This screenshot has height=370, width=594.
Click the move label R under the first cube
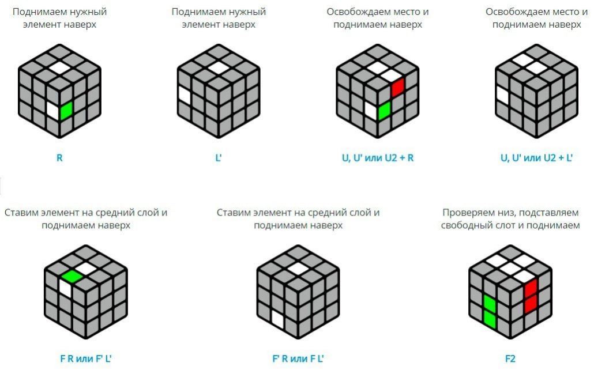click(59, 158)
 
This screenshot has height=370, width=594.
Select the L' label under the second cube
click(218, 158)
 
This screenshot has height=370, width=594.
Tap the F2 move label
click(510, 358)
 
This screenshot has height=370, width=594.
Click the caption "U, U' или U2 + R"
click(378, 158)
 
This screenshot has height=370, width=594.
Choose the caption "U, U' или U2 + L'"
click(536, 158)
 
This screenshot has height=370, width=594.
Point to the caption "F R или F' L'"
click(86, 358)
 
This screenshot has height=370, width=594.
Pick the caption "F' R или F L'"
click(298, 358)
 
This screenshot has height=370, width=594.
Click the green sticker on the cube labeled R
click(66, 110)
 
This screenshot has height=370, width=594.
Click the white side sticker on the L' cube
click(185, 95)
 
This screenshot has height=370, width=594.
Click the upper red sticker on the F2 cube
click(531, 288)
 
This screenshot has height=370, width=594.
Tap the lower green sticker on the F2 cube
click(490, 319)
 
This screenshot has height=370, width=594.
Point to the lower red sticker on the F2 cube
click(531, 304)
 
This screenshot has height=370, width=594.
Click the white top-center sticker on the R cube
click(59, 68)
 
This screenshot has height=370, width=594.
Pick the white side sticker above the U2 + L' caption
click(502, 95)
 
